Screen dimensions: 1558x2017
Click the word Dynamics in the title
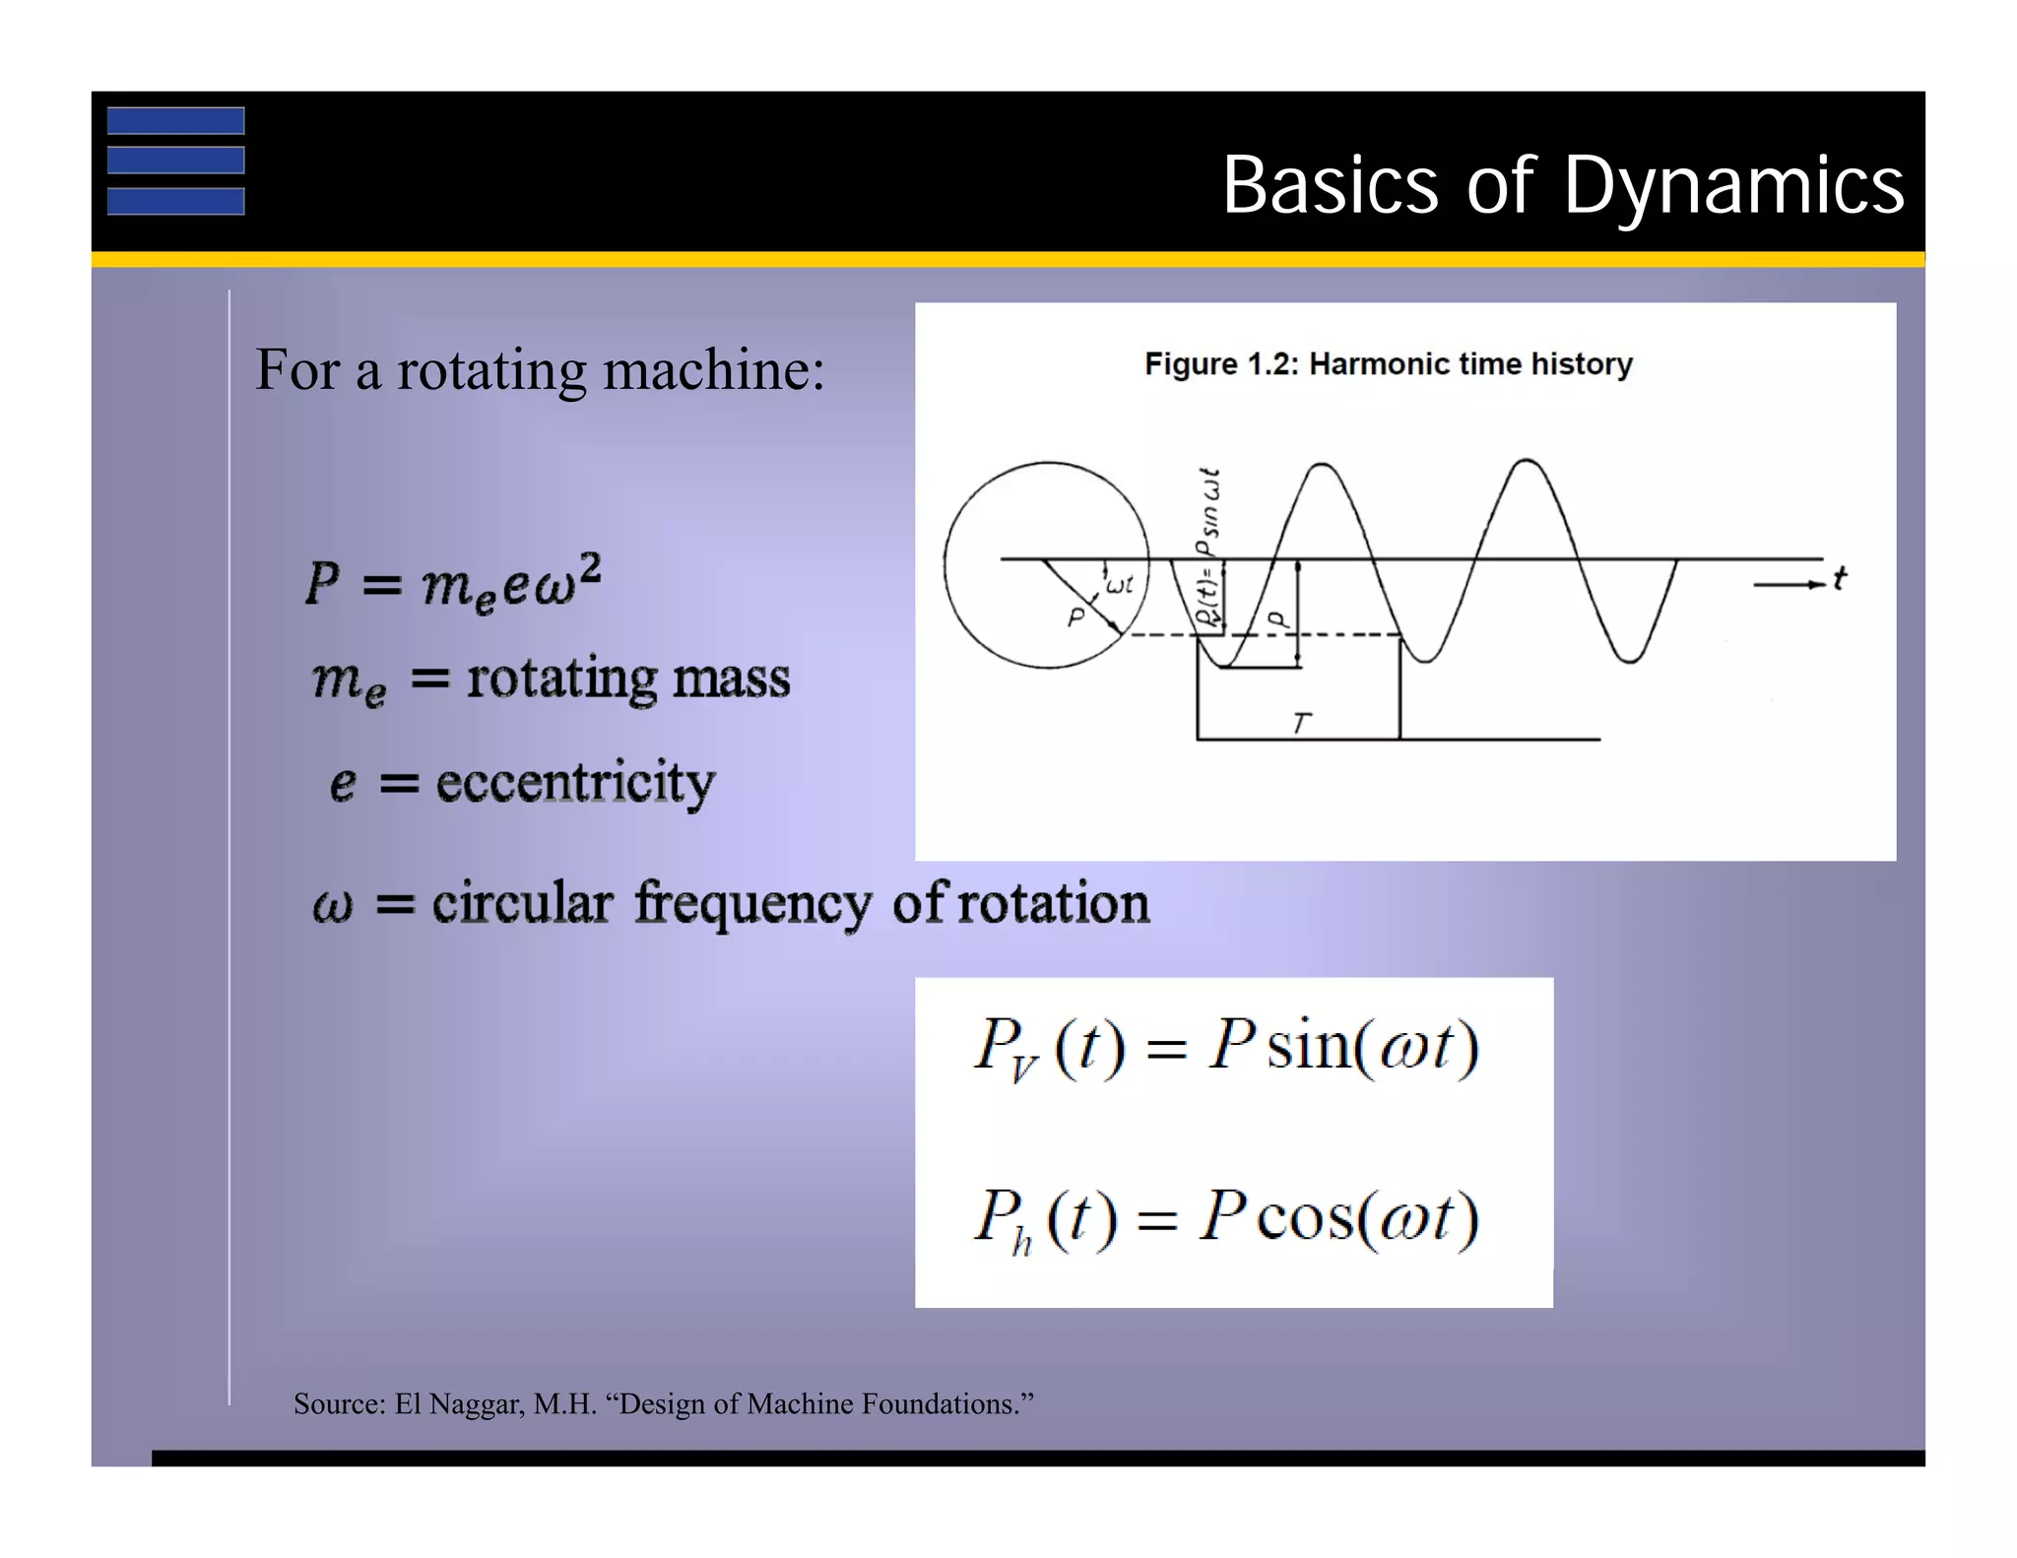[x=1733, y=187]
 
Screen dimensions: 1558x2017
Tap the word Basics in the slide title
[x=1331, y=185]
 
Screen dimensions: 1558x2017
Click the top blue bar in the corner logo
[x=175, y=120]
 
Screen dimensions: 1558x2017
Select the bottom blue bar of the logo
[x=175, y=201]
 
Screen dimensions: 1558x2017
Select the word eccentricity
[x=575, y=784]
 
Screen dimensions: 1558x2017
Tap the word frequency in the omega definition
[x=752, y=903]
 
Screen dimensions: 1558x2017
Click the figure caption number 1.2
[x=1274, y=364]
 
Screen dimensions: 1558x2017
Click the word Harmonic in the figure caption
[x=1370, y=364]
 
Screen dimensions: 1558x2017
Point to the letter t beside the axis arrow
[x=1839, y=578]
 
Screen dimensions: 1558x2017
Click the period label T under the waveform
[x=1301, y=723]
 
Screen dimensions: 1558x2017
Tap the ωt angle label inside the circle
[x=1120, y=585]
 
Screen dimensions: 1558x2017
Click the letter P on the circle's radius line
[x=1075, y=617]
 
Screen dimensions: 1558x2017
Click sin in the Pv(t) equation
[x=1307, y=1046]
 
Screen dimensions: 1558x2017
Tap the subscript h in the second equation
[x=1021, y=1244]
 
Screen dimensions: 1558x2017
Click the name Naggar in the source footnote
[x=476, y=1403]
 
